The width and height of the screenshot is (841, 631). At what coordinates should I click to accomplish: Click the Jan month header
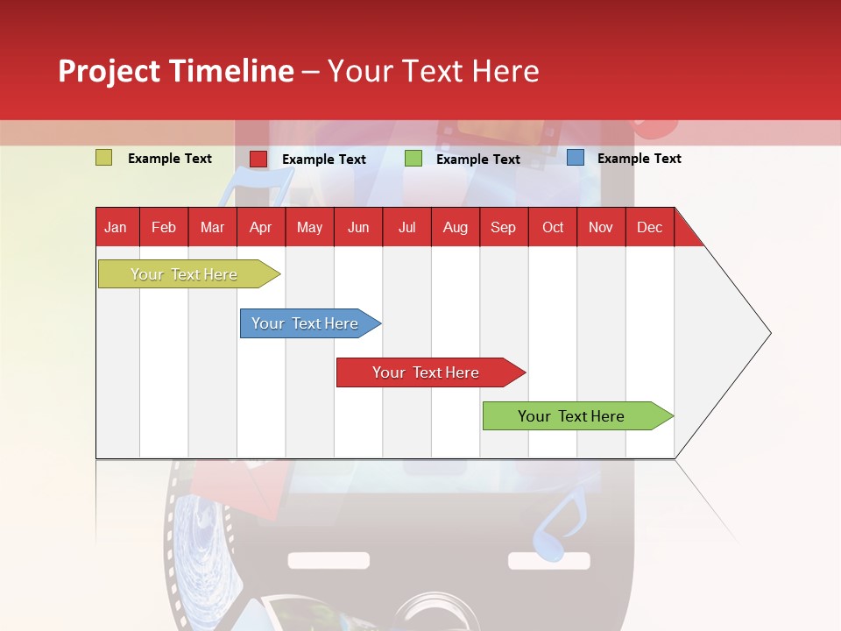click(x=117, y=227)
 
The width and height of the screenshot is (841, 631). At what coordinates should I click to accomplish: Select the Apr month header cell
click(x=261, y=227)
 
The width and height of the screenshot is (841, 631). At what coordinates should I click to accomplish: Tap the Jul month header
click(x=406, y=227)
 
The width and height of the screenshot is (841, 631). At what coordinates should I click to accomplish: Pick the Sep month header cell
click(x=504, y=227)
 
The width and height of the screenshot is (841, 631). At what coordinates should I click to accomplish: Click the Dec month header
click(x=649, y=227)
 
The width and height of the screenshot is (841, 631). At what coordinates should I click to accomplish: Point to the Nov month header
click(x=601, y=227)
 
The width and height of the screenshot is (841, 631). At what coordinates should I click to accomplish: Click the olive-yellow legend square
click(x=104, y=158)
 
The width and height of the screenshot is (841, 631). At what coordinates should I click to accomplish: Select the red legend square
click(x=258, y=159)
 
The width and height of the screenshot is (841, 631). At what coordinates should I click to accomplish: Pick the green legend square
click(x=413, y=159)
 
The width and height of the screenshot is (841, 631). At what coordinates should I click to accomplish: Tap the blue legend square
click(x=576, y=158)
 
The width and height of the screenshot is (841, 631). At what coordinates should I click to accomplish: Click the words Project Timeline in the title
click(x=175, y=71)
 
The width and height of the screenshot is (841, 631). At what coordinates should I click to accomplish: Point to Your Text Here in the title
click(x=434, y=71)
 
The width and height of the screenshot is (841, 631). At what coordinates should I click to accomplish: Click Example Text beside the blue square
click(x=639, y=159)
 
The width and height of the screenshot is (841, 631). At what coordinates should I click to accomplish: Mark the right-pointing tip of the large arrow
click(x=769, y=333)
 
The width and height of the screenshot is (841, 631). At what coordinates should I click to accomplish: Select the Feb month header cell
click(x=164, y=227)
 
